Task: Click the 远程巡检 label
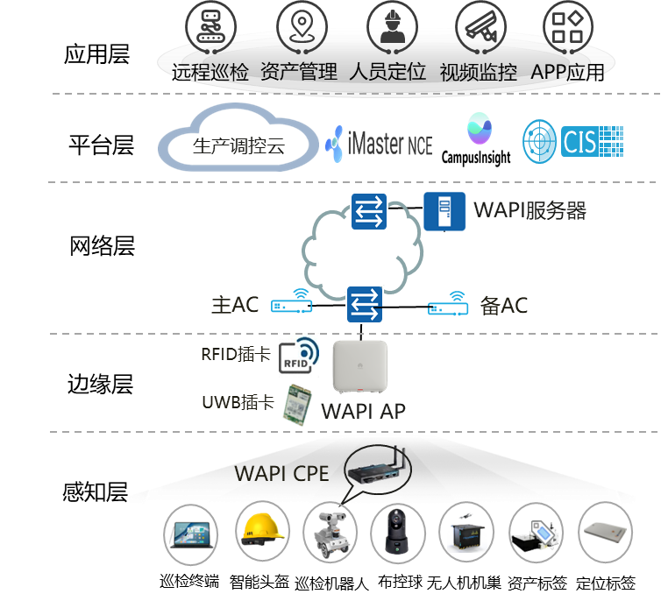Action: pos(210,72)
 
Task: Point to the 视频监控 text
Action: pos(478,72)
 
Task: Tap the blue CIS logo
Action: pos(573,141)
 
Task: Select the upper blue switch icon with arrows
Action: pos(369,211)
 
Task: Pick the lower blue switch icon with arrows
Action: pos(366,304)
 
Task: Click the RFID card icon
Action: pos(296,354)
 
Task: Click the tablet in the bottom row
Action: pos(192,534)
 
